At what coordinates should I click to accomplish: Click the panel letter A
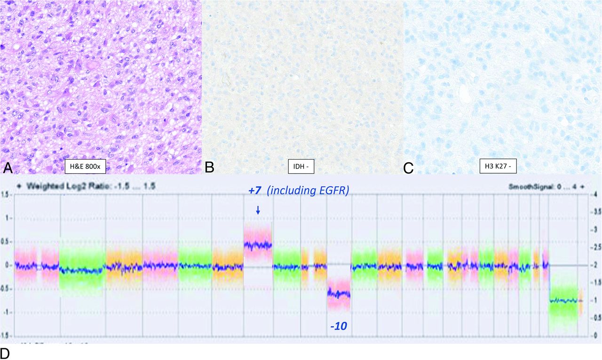(x=7, y=166)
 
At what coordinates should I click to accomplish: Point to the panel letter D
(x=6, y=353)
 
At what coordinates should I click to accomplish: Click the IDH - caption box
(x=301, y=166)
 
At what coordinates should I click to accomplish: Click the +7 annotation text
(x=255, y=191)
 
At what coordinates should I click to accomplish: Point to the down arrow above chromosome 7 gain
(x=258, y=210)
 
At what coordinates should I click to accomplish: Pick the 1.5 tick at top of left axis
(x=5, y=194)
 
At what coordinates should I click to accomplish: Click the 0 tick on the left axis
(x=7, y=265)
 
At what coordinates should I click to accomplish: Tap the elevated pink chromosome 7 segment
(x=258, y=245)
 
